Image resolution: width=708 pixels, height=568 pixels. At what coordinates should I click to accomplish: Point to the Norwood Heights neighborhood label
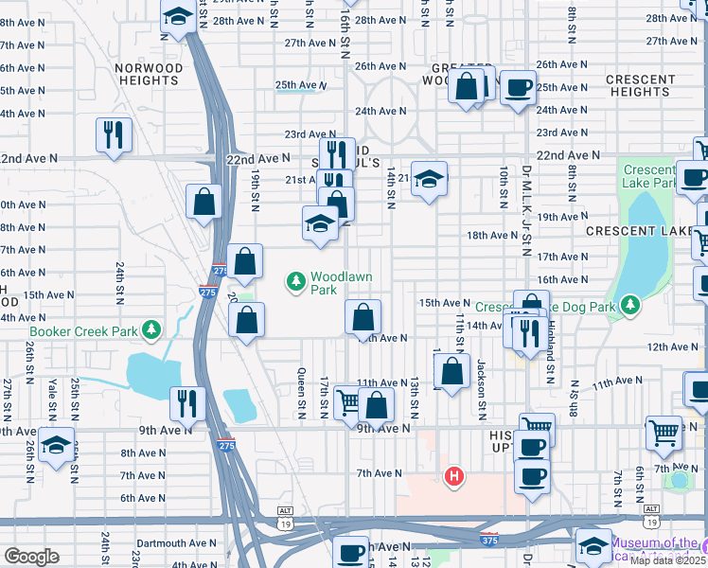click(148, 74)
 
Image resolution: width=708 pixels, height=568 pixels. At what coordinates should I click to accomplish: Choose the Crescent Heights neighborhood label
click(641, 85)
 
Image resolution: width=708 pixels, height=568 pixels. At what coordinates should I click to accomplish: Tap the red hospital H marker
click(454, 476)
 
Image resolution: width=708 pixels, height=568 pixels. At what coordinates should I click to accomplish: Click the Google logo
click(31, 557)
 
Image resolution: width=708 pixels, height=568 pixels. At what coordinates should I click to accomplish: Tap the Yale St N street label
click(52, 399)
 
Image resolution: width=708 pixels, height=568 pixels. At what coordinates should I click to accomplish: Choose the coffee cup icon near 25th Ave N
click(518, 88)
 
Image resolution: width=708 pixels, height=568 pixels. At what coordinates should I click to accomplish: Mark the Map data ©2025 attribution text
click(668, 559)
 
